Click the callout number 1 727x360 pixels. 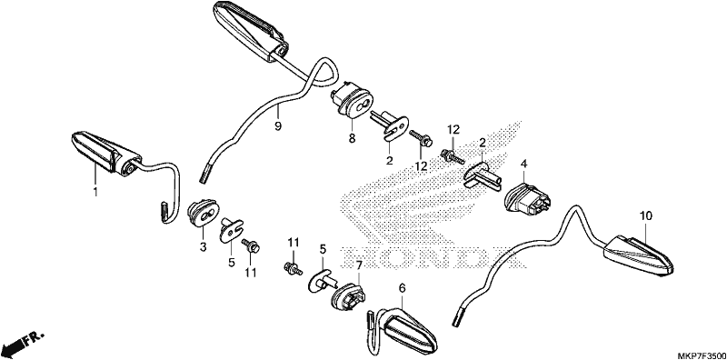(x=95, y=191)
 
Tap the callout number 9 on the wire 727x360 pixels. (x=278, y=125)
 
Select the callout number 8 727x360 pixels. (x=352, y=138)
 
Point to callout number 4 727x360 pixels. (x=524, y=164)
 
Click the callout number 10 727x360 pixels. (x=646, y=215)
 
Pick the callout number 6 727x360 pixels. (x=402, y=288)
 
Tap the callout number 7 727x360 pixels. (x=358, y=265)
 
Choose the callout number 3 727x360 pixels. (x=203, y=248)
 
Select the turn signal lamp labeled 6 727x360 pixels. (x=403, y=331)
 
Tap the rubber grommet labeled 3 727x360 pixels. (x=203, y=214)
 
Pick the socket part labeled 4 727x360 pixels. (x=529, y=198)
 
